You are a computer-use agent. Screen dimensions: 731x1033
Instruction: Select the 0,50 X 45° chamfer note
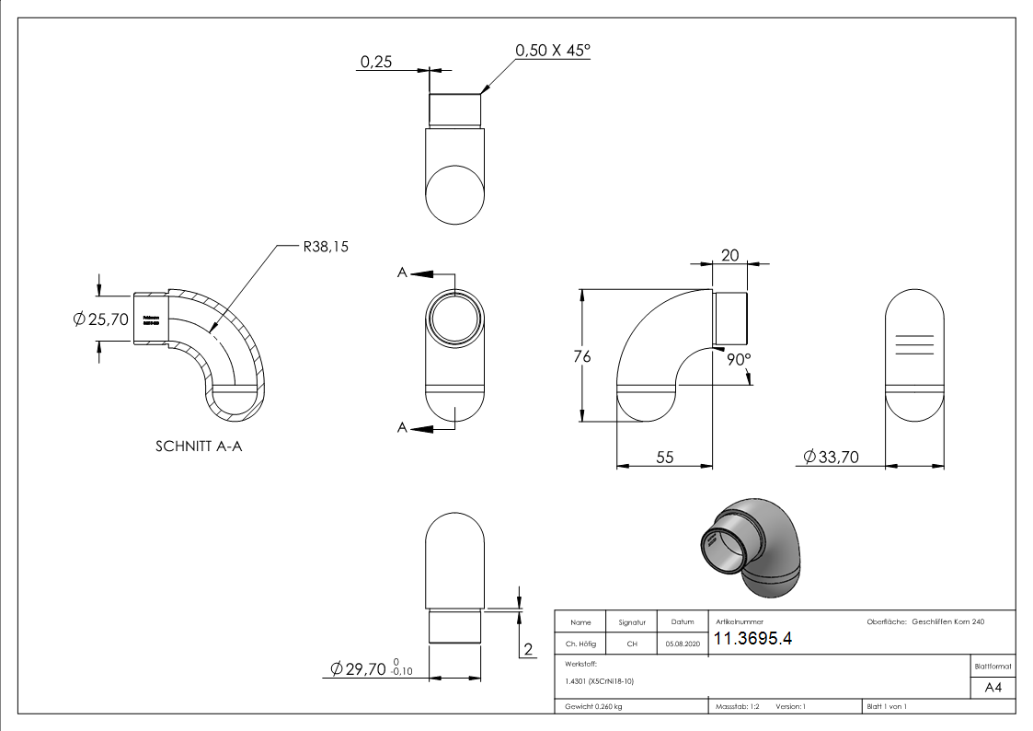click(x=552, y=51)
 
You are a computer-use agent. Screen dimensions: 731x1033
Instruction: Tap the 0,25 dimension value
click(x=377, y=62)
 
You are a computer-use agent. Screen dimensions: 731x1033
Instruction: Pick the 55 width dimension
click(x=664, y=456)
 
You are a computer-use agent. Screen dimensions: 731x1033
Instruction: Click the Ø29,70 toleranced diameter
click(x=364, y=669)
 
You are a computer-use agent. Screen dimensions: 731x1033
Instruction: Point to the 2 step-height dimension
click(x=528, y=650)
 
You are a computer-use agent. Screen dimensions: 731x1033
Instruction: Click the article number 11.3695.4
click(x=753, y=639)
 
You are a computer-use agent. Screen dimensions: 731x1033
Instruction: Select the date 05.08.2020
click(x=682, y=644)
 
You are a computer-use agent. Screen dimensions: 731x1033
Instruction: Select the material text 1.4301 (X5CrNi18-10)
click(x=600, y=681)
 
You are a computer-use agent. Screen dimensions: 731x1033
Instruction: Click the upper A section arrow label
click(x=402, y=273)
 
